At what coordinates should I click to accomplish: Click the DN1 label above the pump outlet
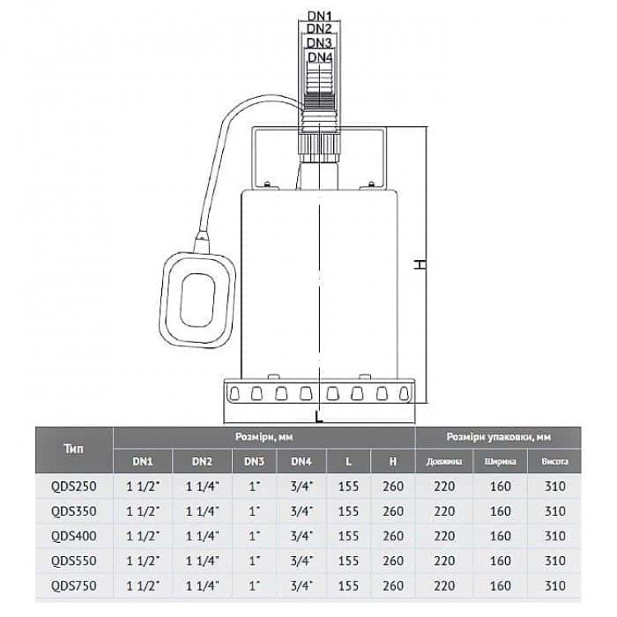point(319,16)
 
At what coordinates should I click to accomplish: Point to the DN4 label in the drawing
point(320,58)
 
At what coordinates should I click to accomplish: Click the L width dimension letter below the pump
point(319,417)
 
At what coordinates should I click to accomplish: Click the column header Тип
point(73,449)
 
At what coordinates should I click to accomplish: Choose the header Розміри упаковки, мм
point(499,437)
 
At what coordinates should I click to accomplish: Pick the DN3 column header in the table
point(254,462)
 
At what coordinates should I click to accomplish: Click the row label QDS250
point(73,486)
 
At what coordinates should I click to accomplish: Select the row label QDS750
point(73,586)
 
